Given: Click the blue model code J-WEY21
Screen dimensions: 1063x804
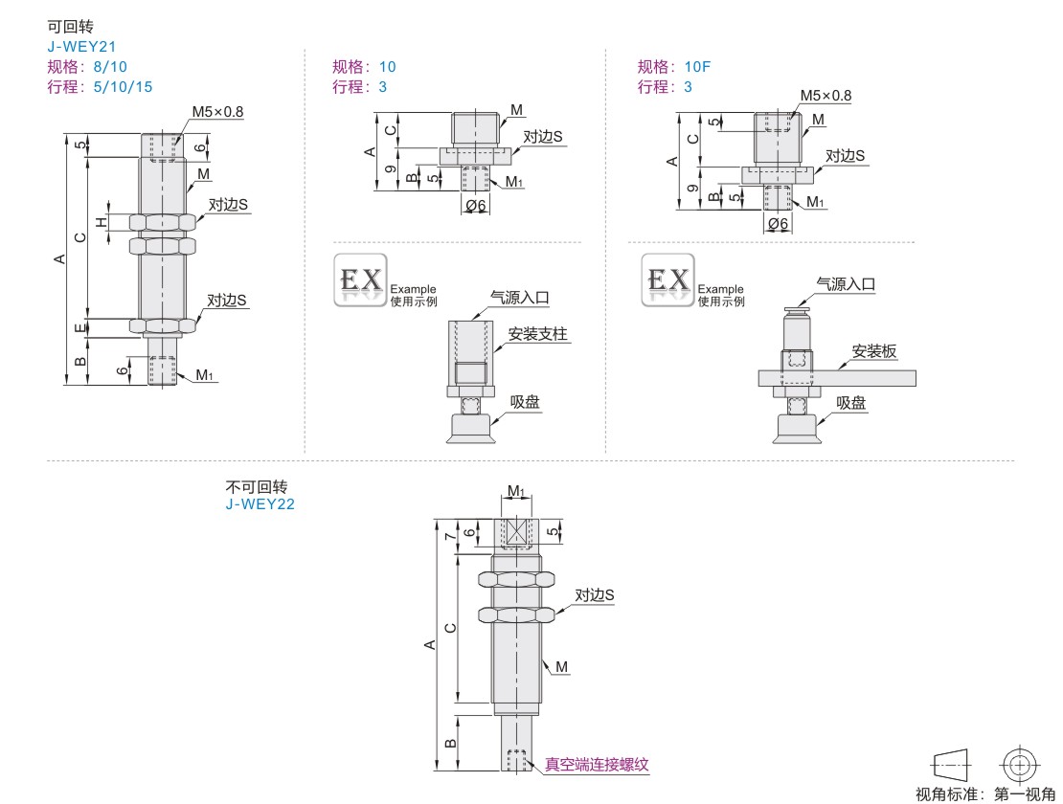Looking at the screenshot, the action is tap(81, 47).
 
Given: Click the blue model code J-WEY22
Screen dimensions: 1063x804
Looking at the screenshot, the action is tap(260, 504).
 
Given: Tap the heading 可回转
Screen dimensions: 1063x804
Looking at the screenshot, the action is tap(70, 27).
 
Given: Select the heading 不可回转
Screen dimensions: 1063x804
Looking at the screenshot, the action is tap(257, 486).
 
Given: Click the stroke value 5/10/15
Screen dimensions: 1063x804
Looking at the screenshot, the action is tap(123, 87).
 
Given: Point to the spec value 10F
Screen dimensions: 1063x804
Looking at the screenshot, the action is tap(697, 66).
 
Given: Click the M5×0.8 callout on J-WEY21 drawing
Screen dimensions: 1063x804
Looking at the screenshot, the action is tap(217, 112).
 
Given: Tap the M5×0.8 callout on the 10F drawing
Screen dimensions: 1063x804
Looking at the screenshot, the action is tap(826, 96).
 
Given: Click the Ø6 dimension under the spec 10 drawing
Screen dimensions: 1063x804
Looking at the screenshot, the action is tap(476, 205).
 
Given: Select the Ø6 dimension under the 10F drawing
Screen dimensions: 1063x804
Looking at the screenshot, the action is tap(779, 224).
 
